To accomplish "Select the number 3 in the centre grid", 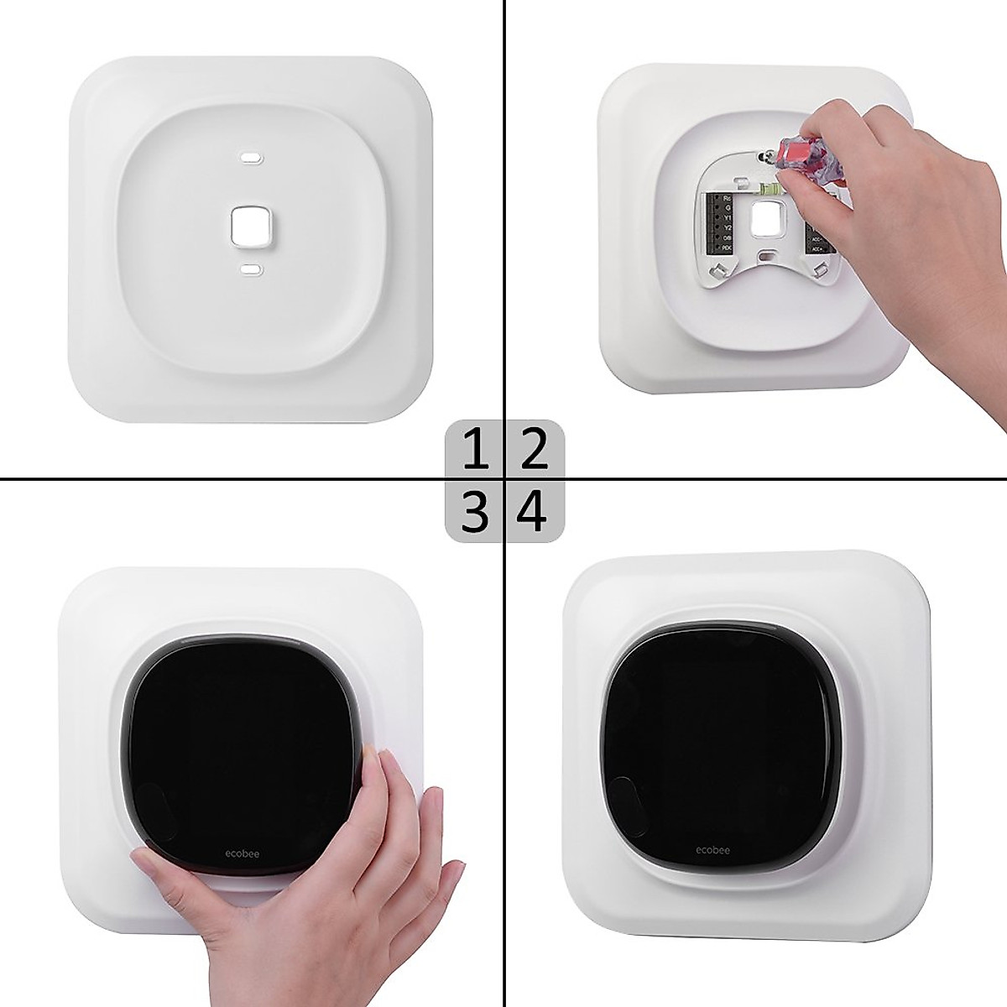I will click(x=475, y=511).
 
